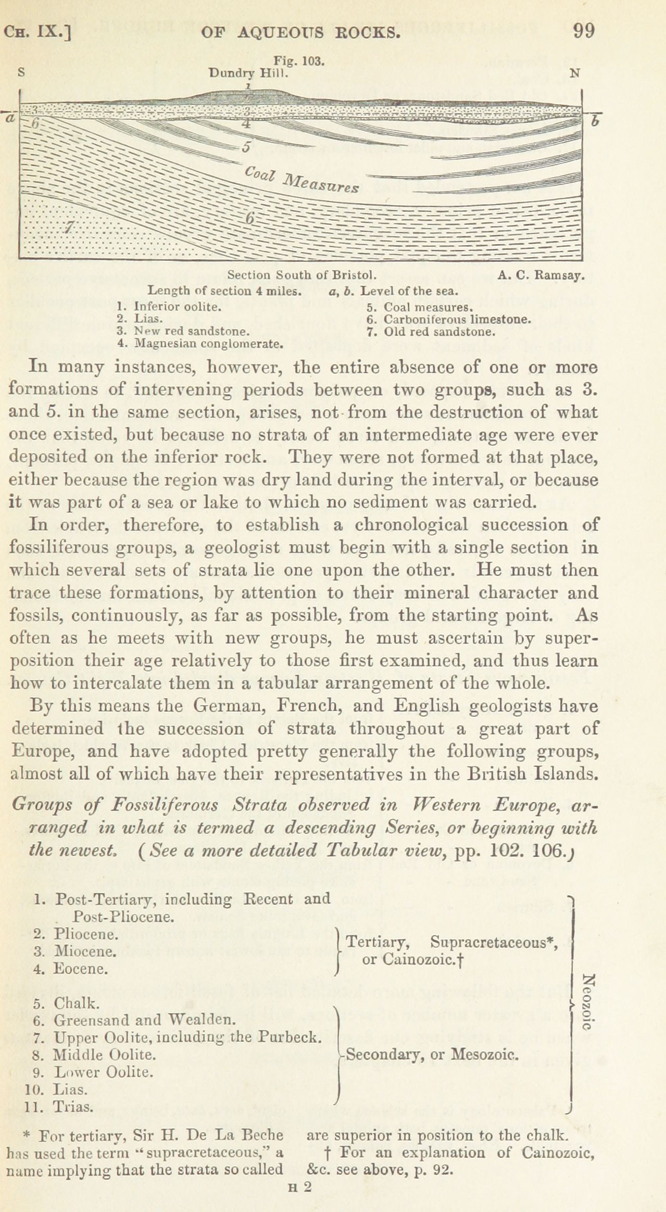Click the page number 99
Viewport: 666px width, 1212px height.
pyautogui.click(x=583, y=31)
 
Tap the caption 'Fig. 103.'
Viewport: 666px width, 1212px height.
pyautogui.click(x=300, y=61)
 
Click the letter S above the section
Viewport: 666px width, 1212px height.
pyautogui.click(x=21, y=73)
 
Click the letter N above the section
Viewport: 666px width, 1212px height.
pyautogui.click(x=574, y=73)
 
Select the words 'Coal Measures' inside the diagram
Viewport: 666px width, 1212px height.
pyautogui.click(x=301, y=180)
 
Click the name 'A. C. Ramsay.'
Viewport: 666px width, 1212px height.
pyautogui.click(x=541, y=275)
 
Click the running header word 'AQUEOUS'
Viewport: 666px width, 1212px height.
pyautogui.click(x=280, y=32)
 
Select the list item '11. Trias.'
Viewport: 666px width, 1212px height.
pyautogui.click(x=59, y=1108)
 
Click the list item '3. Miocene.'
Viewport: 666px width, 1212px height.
pyautogui.click(x=74, y=951)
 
